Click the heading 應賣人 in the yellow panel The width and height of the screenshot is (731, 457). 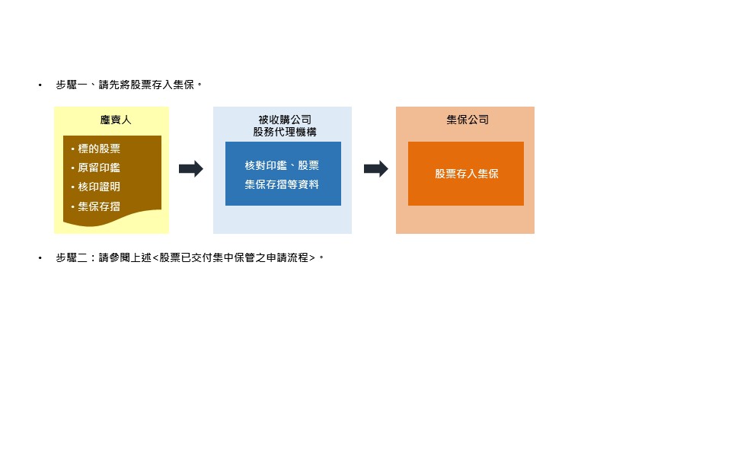(116, 120)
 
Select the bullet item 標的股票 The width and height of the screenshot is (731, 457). (99, 149)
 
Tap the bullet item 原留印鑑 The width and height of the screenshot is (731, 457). (99, 168)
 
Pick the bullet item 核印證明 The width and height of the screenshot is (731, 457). (99, 187)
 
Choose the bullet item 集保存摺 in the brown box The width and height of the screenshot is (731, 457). (99, 206)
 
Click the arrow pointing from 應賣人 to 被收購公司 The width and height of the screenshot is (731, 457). (191, 168)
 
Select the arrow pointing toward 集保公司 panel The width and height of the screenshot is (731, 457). (375, 168)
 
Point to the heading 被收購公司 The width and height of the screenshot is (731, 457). (285, 120)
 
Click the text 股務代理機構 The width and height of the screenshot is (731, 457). (285, 132)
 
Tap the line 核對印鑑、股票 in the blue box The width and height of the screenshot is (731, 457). (282, 165)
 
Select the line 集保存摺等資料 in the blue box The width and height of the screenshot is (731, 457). (282, 184)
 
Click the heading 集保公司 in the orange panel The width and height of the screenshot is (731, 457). (468, 120)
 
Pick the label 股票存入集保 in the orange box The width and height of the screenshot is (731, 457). (467, 174)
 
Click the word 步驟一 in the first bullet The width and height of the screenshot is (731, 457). (72, 85)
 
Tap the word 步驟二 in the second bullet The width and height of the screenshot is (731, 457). (72, 257)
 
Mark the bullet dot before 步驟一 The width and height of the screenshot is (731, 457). (40, 85)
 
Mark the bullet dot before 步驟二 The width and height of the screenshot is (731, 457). (40, 257)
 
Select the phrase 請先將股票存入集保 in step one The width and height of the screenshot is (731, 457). (146, 85)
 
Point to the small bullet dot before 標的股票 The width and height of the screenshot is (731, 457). (73, 149)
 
